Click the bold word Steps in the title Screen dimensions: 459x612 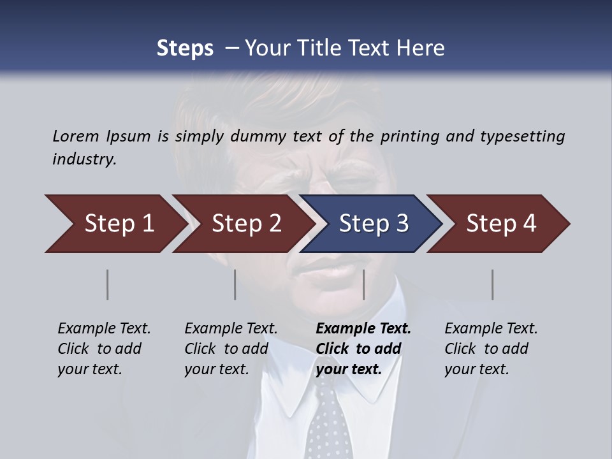(x=185, y=48)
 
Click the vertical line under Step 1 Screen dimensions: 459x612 (x=108, y=284)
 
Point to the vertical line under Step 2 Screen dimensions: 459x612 (x=235, y=284)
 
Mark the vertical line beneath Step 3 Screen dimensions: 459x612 (x=364, y=284)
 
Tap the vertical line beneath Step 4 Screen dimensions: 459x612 (x=493, y=284)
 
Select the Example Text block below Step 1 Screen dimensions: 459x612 (x=105, y=349)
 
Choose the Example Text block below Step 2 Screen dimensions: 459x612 (x=231, y=349)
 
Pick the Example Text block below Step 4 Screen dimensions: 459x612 (x=491, y=349)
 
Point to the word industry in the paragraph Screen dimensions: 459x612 (x=84, y=159)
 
